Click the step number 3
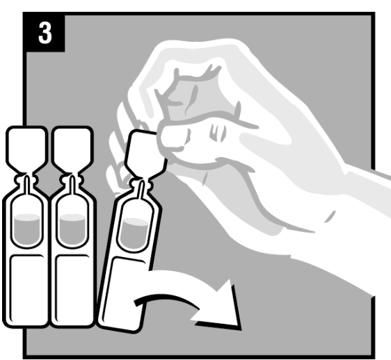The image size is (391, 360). pos(45,33)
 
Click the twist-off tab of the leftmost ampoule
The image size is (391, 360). pos(26,148)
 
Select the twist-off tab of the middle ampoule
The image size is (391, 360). pos(72,148)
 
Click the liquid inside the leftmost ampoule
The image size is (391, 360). pos(27,229)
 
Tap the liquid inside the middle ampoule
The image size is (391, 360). pos(72,229)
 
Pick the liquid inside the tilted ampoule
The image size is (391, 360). pos(135,233)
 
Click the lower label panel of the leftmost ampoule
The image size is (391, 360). pos(27,289)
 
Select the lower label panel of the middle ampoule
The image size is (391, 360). pos(72,289)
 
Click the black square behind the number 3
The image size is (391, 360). pos(45,33)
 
